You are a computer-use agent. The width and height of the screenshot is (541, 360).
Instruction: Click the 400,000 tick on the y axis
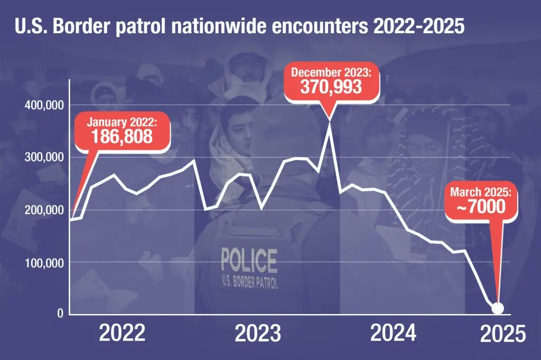[x=44, y=105]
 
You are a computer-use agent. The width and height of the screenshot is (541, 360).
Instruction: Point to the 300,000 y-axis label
[x=44, y=157]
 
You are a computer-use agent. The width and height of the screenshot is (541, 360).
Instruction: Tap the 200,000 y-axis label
[x=44, y=210]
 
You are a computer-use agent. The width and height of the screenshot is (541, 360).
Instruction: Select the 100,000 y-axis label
[x=44, y=262]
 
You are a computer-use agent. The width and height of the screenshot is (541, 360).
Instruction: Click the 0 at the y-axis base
[x=60, y=314]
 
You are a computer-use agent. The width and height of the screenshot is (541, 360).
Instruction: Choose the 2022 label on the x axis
[x=122, y=334]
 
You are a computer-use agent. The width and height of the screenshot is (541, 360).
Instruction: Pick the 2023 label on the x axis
[x=258, y=334]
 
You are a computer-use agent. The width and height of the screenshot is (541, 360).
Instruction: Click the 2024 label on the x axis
[x=393, y=334]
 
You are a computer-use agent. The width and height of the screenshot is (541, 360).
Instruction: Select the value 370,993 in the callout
[x=331, y=87]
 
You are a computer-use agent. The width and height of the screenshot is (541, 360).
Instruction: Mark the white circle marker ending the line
[x=497, y=308]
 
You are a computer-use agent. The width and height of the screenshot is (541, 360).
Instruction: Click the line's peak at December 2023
[x=331, y=122]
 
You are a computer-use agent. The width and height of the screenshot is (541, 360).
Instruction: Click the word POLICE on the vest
[x=249, y=260]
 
